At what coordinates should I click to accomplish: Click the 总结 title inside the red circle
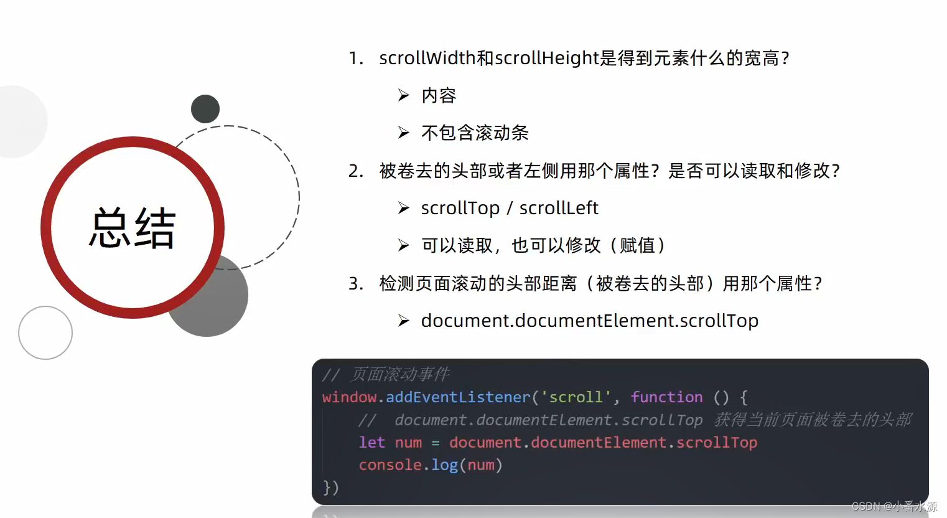click(133, 227)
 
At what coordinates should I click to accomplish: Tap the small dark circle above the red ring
click(205, 109)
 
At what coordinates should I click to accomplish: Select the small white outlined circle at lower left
click(45, 332)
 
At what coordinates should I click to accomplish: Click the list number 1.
click(355, 59)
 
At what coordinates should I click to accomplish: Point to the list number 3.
click(355, 283)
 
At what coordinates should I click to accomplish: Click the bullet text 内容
click(439, 96)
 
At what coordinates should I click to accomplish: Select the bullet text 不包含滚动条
click(475, 133)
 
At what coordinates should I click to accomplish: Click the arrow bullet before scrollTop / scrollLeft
click(404, 208)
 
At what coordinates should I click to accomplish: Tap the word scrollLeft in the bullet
click(559, 208)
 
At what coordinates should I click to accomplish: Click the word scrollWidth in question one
click(427, 58)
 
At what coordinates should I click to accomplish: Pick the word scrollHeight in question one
click(547, 59)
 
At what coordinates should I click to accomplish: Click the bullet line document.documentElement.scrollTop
click(590, 321)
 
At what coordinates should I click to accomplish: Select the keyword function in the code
click(667, 397)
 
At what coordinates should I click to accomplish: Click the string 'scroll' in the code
click(576, 397)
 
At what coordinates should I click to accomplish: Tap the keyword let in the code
click(371, 442)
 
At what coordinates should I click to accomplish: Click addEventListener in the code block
click(458, 397)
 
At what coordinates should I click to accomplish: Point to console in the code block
click(390, 465)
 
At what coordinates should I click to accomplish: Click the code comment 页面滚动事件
click(399, 374)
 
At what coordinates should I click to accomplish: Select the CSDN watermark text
click(894, 506)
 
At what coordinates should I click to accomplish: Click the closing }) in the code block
click(330, 487)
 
